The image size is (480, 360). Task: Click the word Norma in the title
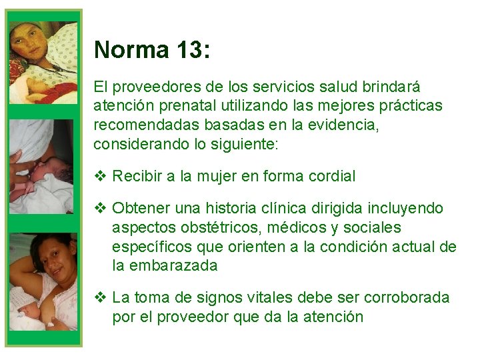click(x=131, y=50)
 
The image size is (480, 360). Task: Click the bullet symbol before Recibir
click(x=100, y=177)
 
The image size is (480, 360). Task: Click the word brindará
click(x=389, y=87)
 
